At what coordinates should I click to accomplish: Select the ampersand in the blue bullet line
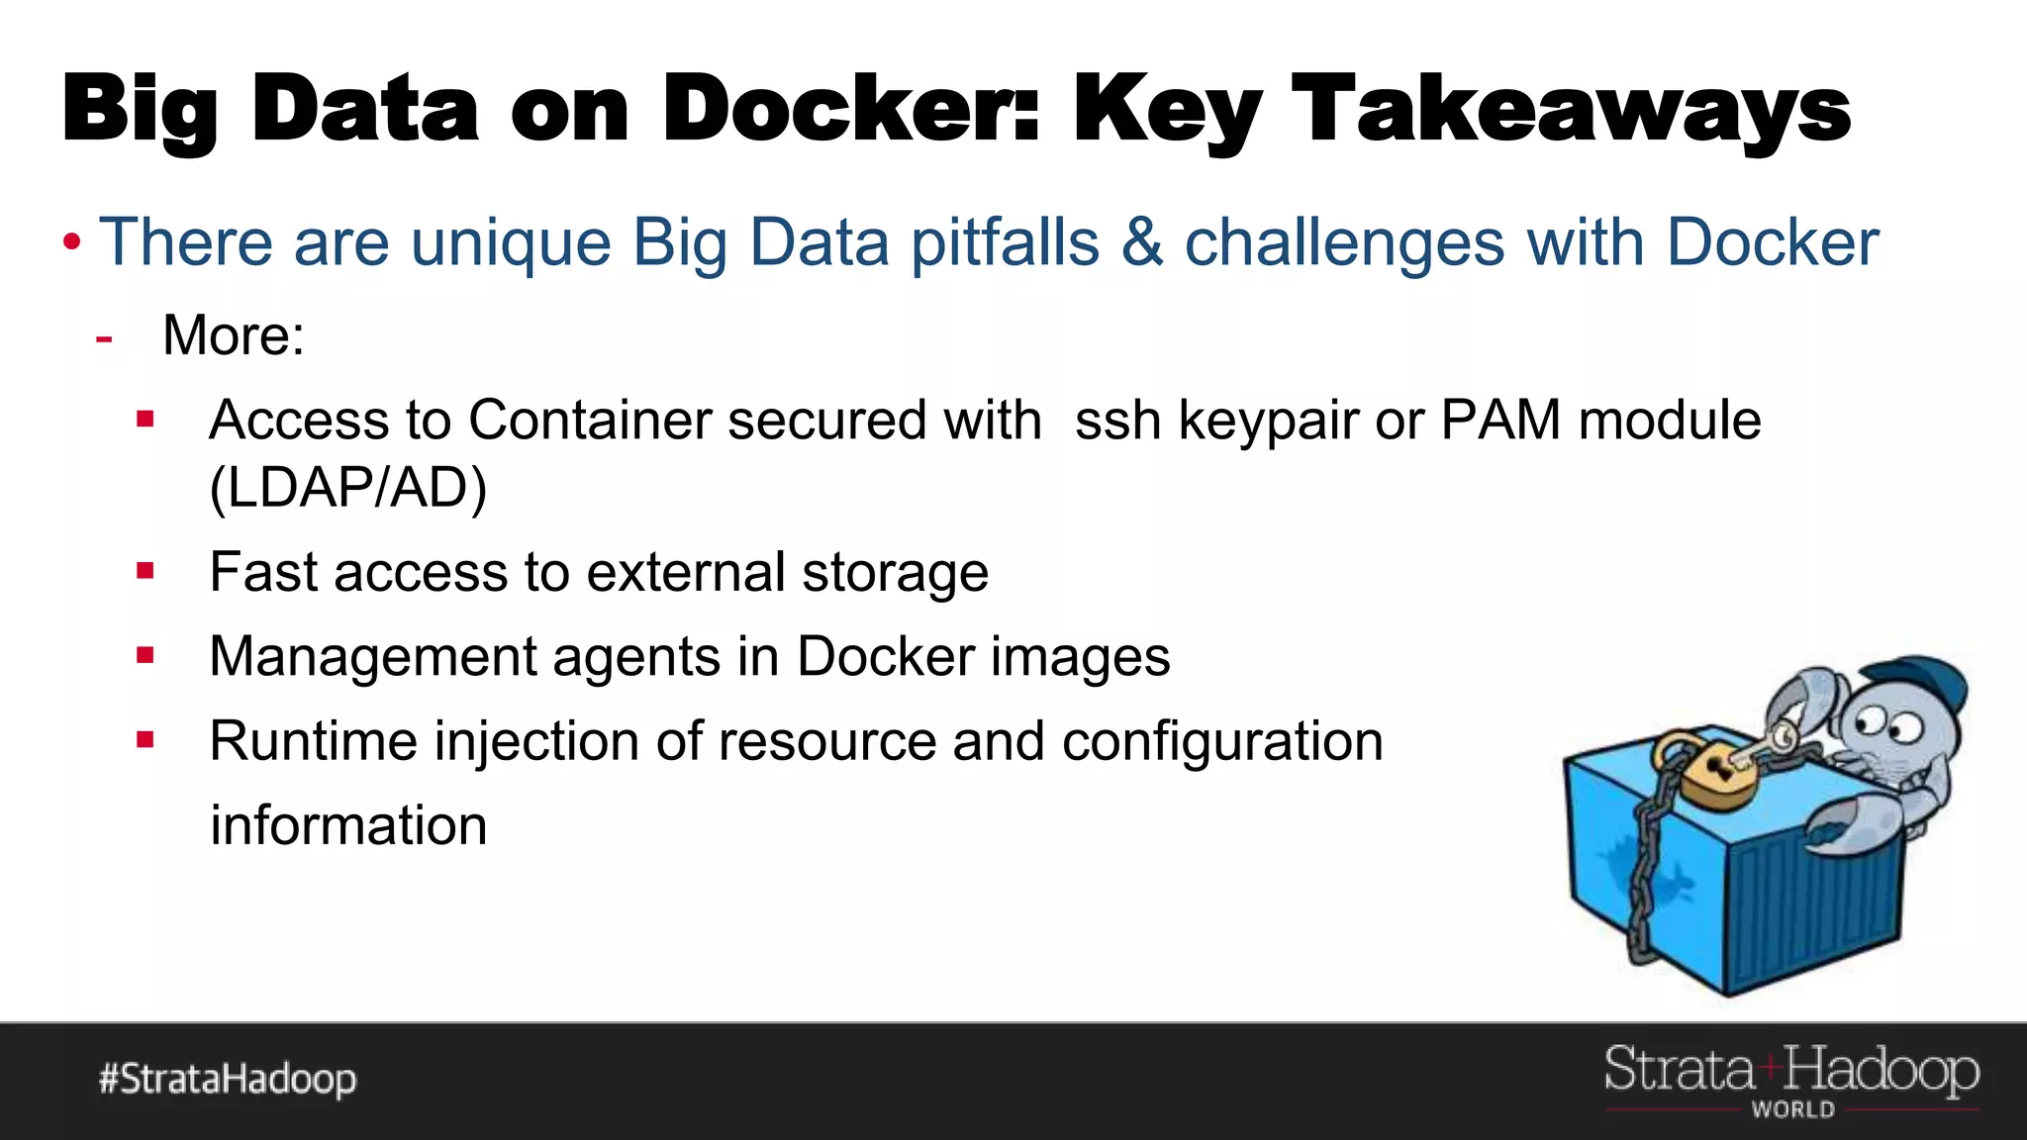[x=1142, y=242]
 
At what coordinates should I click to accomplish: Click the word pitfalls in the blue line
[x=1005, y=242]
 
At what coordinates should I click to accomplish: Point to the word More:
[x=234, y=334]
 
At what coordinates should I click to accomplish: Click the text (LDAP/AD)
[x=348, y=487]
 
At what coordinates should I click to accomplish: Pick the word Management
[x=372, y=657]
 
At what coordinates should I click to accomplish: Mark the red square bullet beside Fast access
[x=145, y=570]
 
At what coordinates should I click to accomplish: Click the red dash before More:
[x=104, y=338]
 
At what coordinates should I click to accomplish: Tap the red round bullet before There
[x=71, y=242]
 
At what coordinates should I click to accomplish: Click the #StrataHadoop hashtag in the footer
[x=228, y=1079]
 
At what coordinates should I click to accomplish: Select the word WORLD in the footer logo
[x=1792, y=1110]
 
